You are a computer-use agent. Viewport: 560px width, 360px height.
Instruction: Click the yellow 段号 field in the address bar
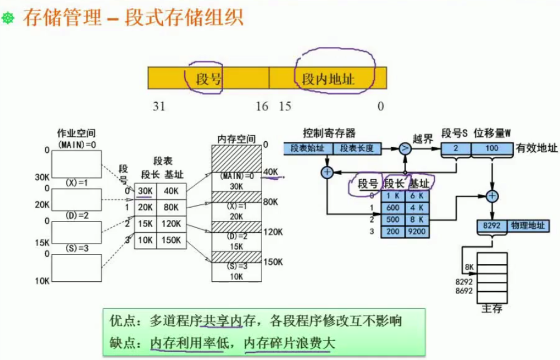click(209, 78)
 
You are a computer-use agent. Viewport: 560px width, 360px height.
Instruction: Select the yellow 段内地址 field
click(328, 78)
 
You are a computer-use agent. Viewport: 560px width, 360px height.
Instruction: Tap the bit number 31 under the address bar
click(159, 106)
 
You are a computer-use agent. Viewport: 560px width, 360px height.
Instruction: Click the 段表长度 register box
click(356, 148)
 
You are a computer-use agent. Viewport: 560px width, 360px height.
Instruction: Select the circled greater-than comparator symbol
click(404, 148)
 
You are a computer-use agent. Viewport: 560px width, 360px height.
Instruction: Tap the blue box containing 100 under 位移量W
click(491, 149)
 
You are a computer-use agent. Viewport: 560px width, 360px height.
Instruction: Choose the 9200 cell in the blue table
click(417, 232)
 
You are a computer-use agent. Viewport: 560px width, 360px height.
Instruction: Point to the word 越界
click(423, 138)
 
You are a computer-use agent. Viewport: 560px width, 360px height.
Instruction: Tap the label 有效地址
click(536, 148)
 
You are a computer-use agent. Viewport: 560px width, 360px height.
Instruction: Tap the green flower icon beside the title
click(8, 19)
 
